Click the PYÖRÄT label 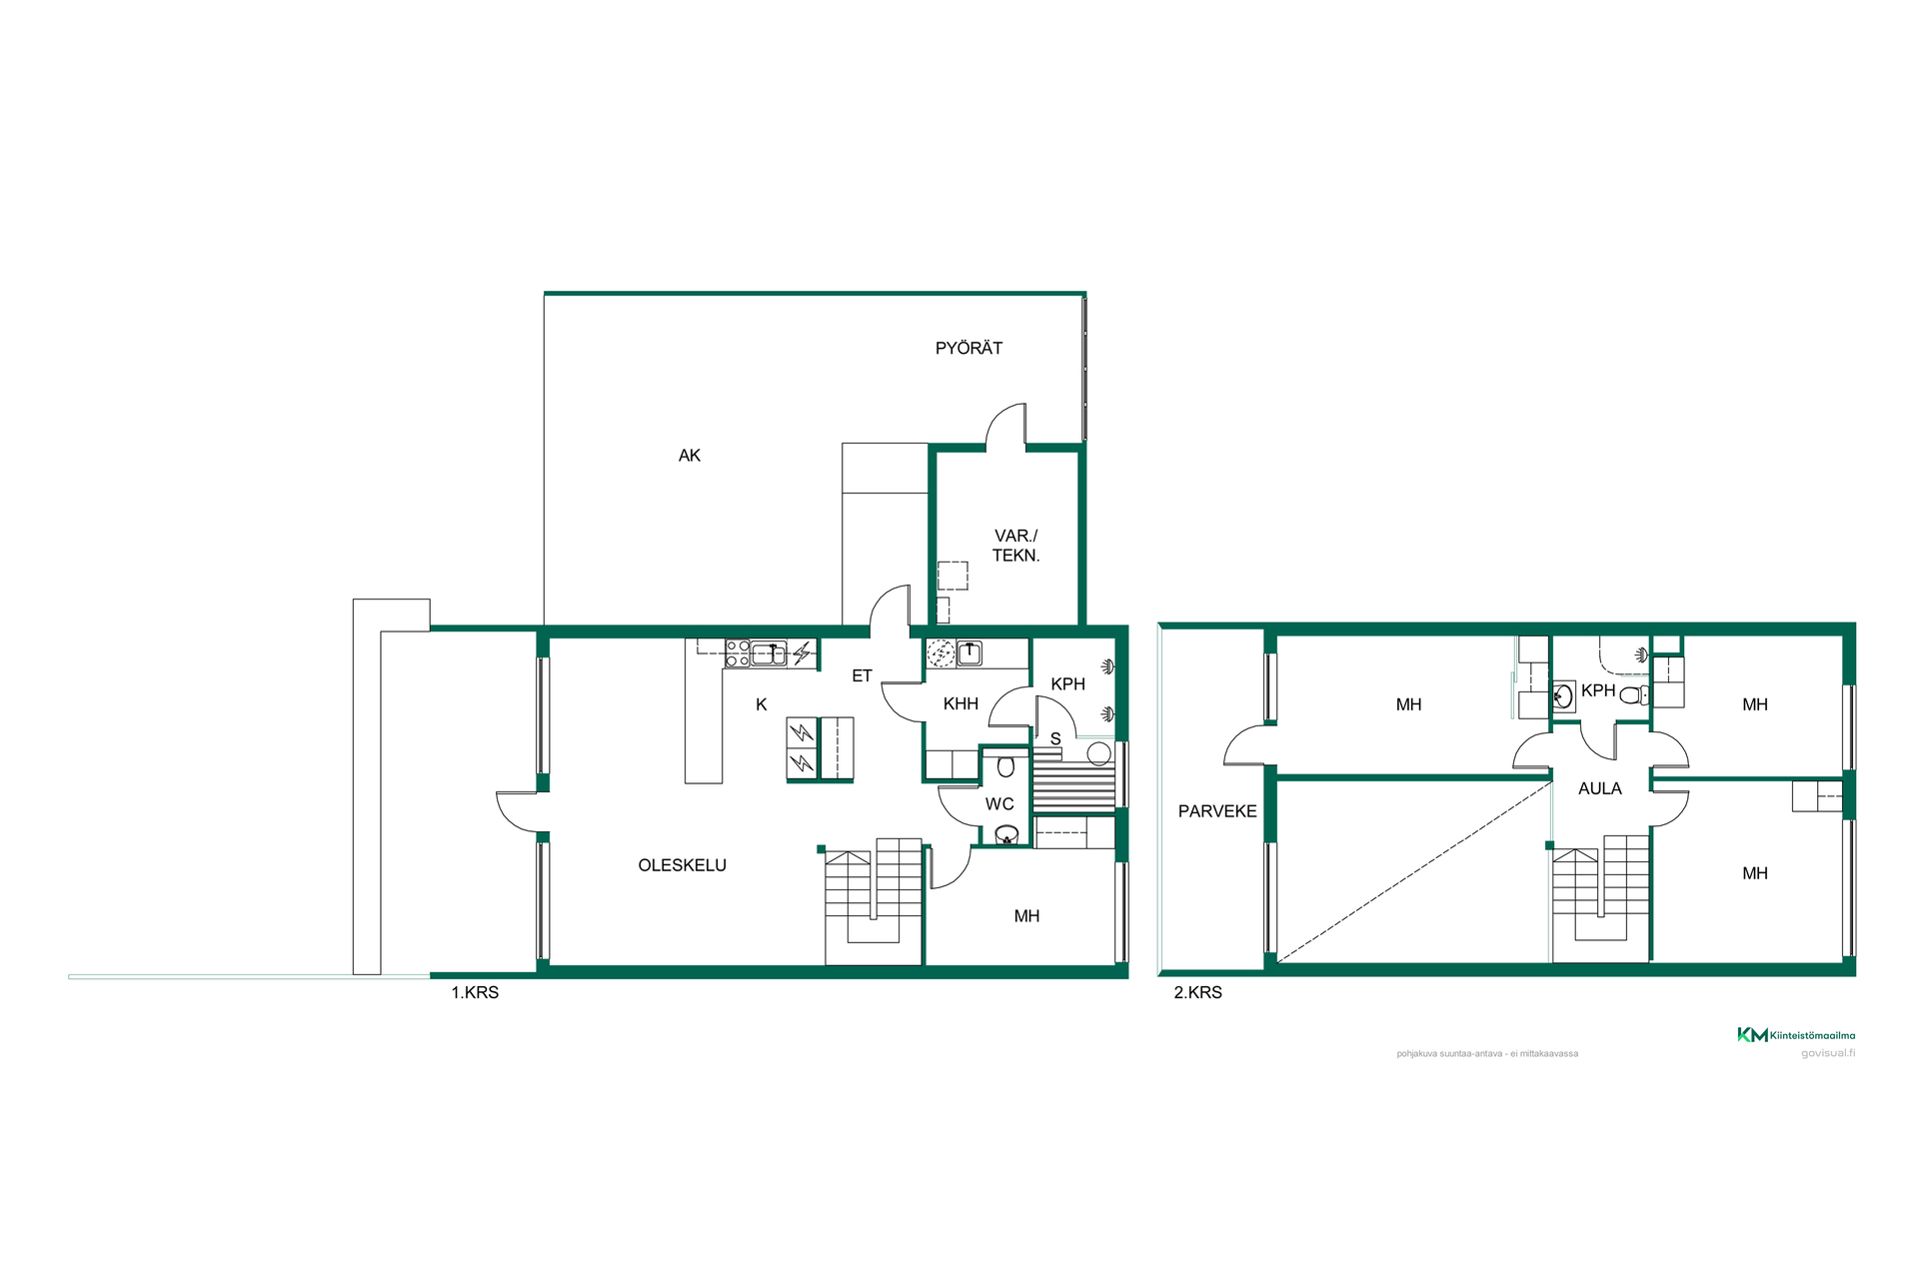[968, 348]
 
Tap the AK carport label [690, 456]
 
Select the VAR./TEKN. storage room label [1016, 546]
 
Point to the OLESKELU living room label [683, 865]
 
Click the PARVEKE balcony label [1217, 811]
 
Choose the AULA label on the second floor [1600, 788]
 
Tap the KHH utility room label [960, 703]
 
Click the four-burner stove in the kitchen [738, 653]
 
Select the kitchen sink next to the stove [769, 654]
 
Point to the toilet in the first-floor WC [1006, 766]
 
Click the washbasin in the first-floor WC [1005, 834]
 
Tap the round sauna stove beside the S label [1098, 753]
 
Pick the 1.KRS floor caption [475, 992]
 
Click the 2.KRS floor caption [1197, 992]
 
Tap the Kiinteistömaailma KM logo [1796, 1035]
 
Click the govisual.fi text [1828, 1053]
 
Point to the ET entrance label [862, 676]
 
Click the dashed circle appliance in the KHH [941, 653]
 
